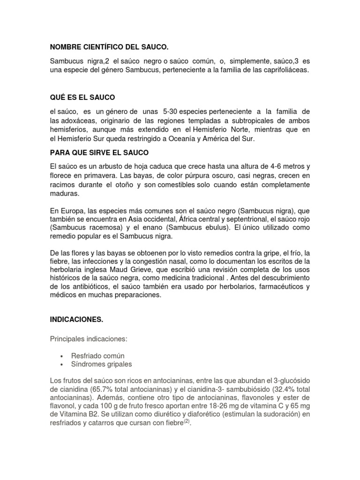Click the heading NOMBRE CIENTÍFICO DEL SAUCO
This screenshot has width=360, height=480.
(x=109, y=47)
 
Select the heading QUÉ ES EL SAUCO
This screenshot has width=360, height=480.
(x=82, y=97)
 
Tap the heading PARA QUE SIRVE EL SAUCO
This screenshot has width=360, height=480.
(x=99, y=153)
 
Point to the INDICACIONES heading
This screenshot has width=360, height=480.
(x=76, y=319)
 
